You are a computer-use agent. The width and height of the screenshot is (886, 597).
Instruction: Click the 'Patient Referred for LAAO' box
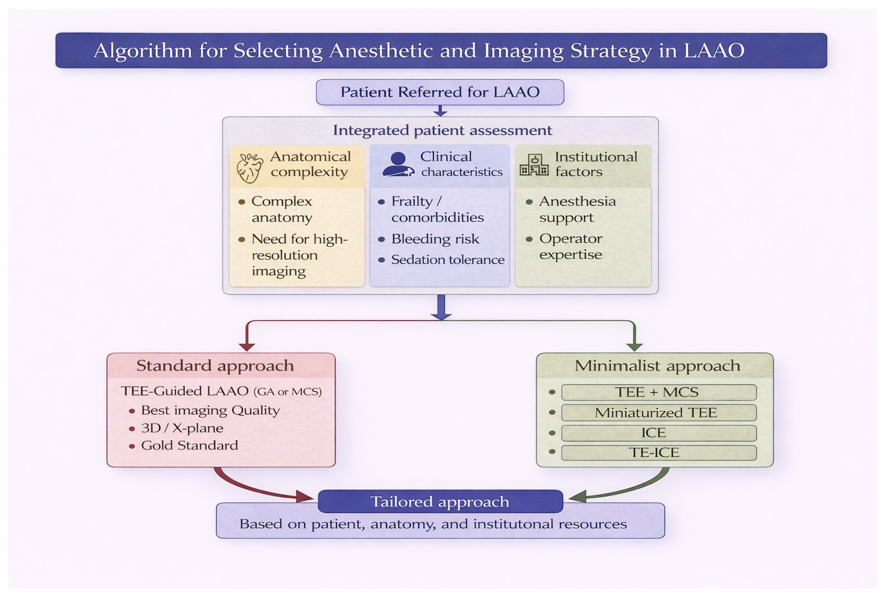point(440,92)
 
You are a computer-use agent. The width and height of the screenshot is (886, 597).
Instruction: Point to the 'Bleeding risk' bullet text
point(435,239)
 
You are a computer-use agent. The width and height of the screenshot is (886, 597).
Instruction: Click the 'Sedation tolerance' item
point(448,260)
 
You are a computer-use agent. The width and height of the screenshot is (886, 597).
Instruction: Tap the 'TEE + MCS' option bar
point(659,392)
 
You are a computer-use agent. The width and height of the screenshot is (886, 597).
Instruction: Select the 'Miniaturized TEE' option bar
point(659,413)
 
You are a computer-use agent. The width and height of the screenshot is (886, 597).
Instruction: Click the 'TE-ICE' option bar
point(659,453)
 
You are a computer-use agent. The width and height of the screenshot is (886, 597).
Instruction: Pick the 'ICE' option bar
point(659,433)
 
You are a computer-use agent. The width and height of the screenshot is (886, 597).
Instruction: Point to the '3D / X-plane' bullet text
point(182,428)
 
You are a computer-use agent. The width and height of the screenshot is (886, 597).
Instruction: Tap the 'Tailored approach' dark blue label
point(440,501)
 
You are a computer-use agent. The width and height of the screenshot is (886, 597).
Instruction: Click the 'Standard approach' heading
point(215,366)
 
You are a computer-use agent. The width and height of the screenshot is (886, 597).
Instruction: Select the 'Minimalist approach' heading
point(657,366)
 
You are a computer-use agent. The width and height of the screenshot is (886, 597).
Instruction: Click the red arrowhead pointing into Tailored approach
point(304,497)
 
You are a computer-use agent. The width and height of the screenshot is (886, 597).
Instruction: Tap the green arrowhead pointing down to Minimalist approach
point(635,347)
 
